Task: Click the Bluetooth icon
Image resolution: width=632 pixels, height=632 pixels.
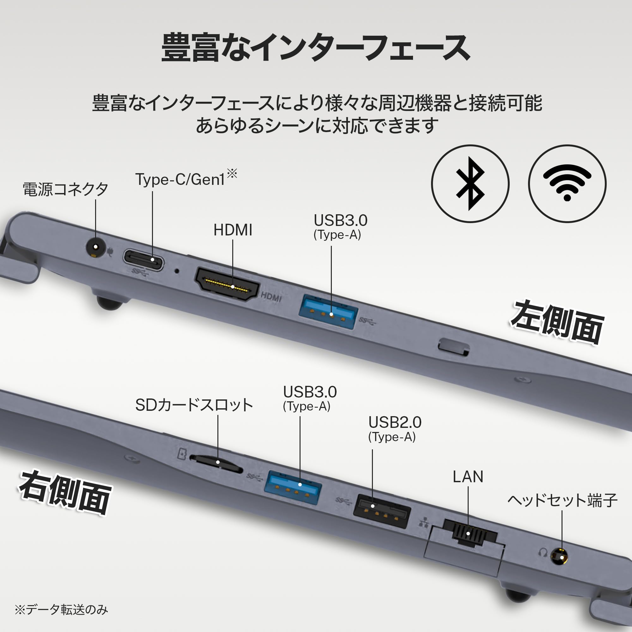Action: [470, 184]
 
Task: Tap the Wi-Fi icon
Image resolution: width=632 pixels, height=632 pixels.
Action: [567, 184]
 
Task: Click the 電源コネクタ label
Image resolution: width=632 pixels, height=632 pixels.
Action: [65, 189]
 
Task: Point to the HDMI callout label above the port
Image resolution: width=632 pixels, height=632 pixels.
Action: [233, 230]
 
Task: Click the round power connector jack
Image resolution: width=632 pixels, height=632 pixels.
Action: [95, 247]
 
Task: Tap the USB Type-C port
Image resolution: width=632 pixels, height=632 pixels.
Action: [143, 259]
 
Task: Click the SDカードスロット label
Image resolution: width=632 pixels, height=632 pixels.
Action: [194, 405]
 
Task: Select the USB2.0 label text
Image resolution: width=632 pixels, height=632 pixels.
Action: [395, 422]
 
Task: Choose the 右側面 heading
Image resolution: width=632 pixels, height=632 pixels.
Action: [65, 493]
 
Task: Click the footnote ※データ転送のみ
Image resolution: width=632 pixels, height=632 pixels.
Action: [61, 610]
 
